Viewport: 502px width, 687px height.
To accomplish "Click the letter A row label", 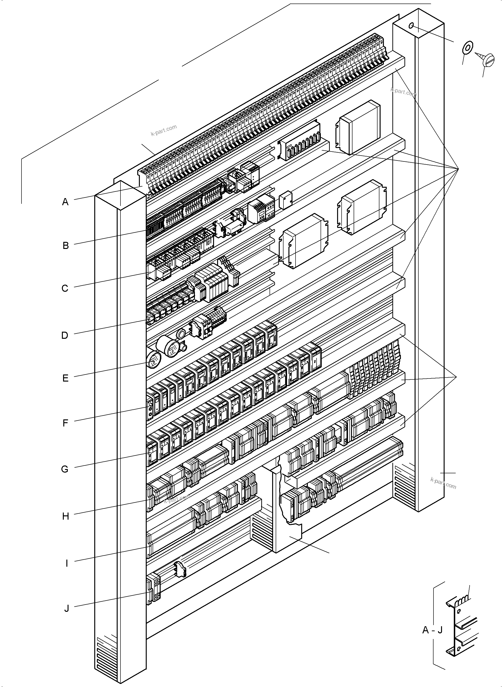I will [65, 202].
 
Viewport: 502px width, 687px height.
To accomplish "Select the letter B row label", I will [66, 245].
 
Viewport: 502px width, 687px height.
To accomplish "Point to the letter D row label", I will [65, 335].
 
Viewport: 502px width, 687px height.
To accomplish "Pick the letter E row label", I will [65, 378].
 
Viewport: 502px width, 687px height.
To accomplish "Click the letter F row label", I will [65, 423].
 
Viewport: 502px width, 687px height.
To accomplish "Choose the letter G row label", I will [65, 469].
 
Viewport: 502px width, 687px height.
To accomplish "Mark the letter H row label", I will [66, 516].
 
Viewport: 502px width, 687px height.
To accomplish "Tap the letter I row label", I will [67, 564].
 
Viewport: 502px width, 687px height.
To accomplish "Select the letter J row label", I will [67, 609].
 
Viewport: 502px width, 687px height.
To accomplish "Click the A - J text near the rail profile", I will [432, 630].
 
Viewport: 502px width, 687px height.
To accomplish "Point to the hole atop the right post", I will [411, 26].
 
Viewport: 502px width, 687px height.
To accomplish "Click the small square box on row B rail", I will [285, 200].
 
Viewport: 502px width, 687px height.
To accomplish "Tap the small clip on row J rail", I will [180, 569].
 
